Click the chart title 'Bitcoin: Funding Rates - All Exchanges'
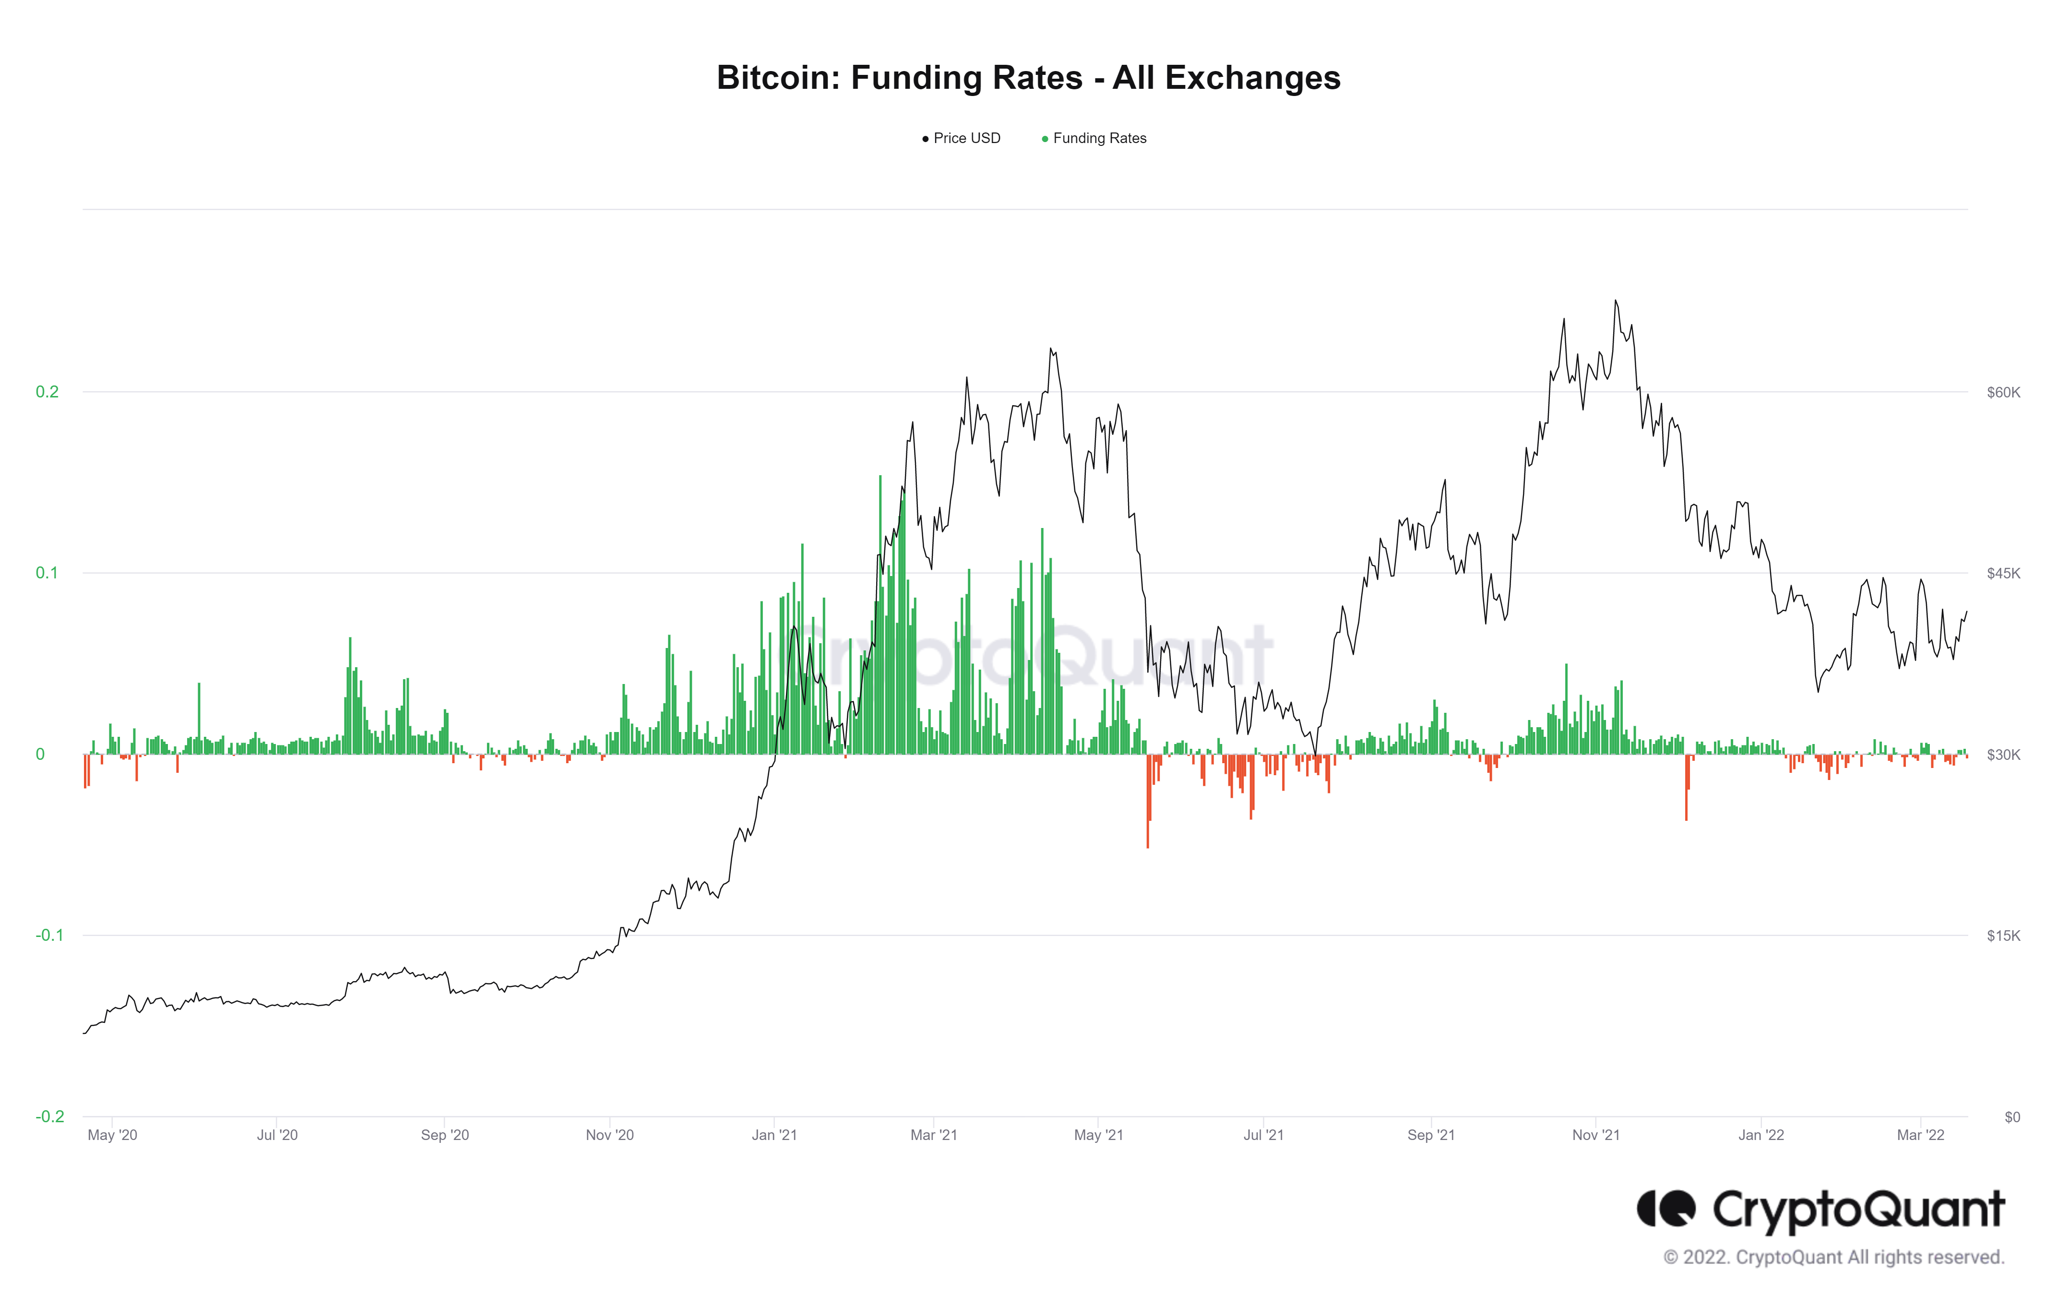click(x=1028, y=78)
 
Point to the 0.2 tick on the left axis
click(x=47, y=392)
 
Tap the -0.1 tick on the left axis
click(x=48, y=936)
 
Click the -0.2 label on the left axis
click(x=48, y=1116)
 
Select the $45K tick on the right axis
click(x=2002, y=573)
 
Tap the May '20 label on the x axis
click(x=112, y=1135)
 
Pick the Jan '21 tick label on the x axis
click(x=774, y=1135)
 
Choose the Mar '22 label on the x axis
click(x=1920, y=1135)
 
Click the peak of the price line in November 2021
click(x=1615, y=300)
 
